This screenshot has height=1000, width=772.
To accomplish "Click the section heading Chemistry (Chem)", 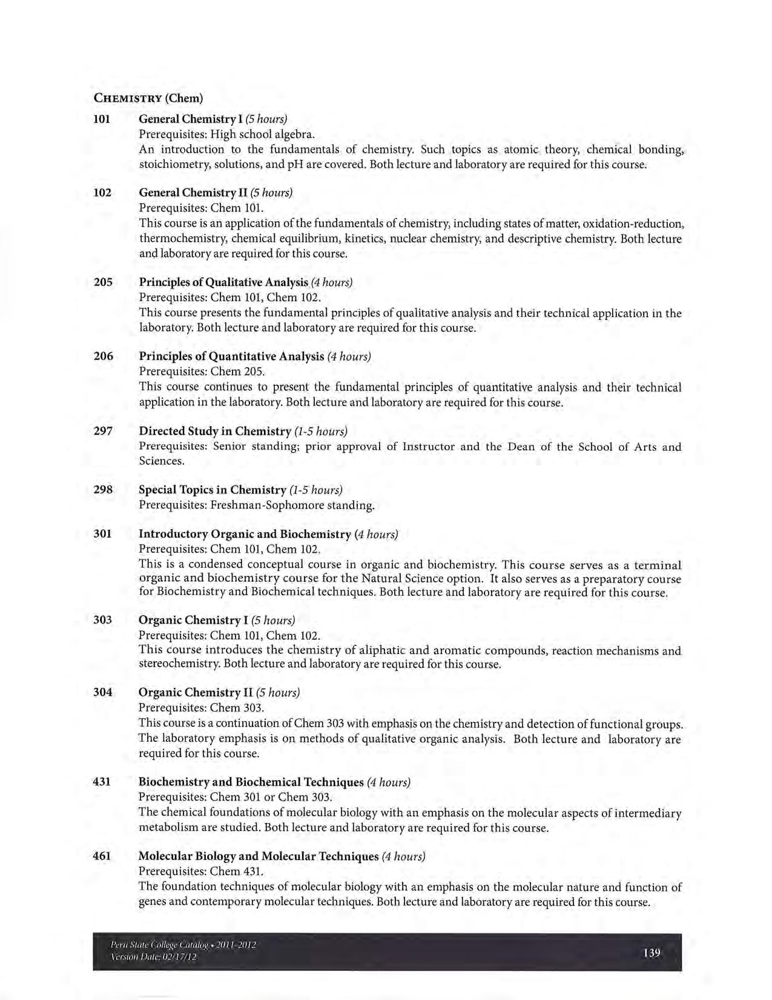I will [148, 98].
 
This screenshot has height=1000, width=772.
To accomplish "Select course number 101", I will [102, 119].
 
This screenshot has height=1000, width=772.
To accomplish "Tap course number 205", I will [103, 282].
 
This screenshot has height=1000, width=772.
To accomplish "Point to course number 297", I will [103, 431].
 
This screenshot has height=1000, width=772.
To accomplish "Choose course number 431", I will [102, 782].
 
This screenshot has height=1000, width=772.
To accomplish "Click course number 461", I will [102, 856].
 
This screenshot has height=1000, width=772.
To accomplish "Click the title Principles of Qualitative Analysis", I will [223, 282].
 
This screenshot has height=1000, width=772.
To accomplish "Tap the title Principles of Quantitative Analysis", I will [231, 356].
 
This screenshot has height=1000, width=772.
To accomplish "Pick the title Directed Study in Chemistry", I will [215, 431].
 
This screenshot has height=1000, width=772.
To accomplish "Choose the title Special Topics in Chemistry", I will [212, 490].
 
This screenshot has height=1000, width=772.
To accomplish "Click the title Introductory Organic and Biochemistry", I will [245, 534].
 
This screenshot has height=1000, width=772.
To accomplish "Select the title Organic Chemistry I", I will [190, 620].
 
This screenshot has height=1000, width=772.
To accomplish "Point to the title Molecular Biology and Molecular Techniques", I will [258, 856].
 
